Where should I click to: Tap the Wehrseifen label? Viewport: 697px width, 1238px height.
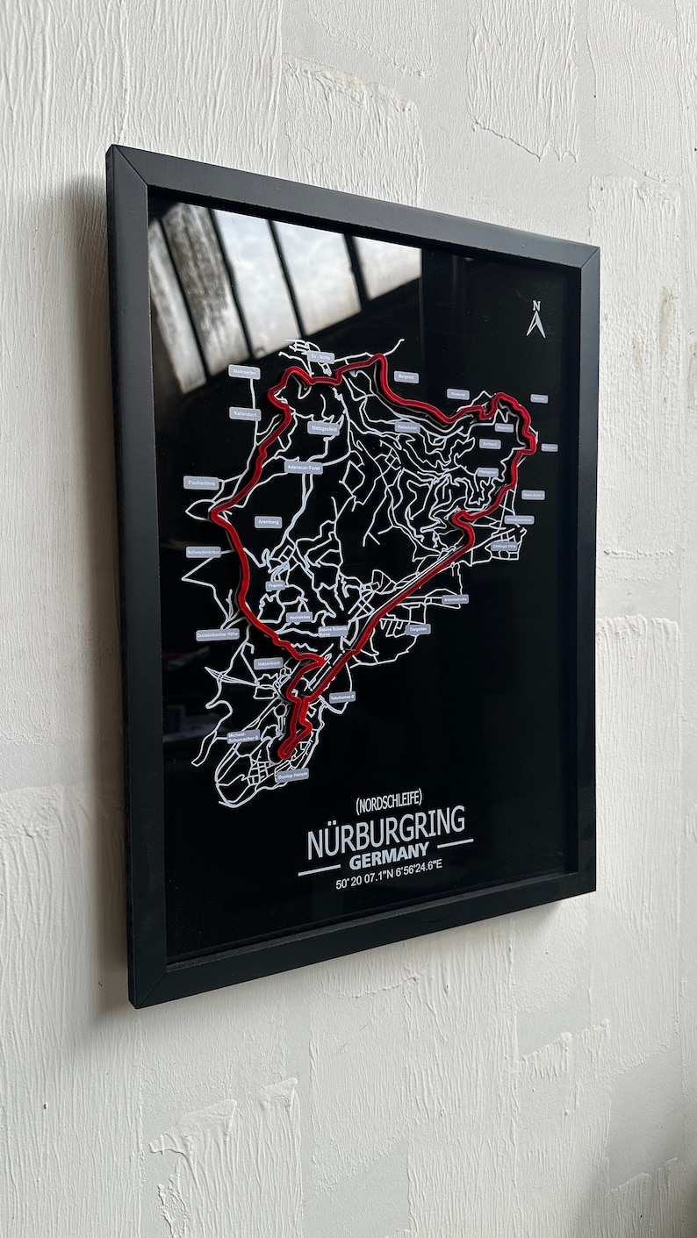point(245,372)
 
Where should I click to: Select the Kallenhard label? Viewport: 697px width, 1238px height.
point(245,412)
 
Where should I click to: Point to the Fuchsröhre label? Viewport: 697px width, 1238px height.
point(201,482)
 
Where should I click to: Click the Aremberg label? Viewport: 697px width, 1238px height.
point(269,521)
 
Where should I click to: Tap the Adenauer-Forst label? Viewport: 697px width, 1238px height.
point(305,467)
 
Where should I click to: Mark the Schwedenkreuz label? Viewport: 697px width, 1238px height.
point(204,553)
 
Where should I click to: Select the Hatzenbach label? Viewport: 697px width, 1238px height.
point(269,663)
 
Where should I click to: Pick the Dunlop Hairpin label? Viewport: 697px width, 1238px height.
point(291,776)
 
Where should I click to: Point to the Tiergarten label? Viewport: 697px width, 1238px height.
point(419,628)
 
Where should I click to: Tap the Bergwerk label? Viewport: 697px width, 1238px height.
point(406,377)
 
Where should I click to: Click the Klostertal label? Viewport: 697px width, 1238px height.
point(457,394)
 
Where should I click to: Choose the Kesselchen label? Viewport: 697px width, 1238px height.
point(406,427)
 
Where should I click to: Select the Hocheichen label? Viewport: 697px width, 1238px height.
point(298,617)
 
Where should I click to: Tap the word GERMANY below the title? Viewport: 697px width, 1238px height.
point(388,852)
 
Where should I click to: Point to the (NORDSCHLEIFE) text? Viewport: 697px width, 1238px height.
point(389,799)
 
